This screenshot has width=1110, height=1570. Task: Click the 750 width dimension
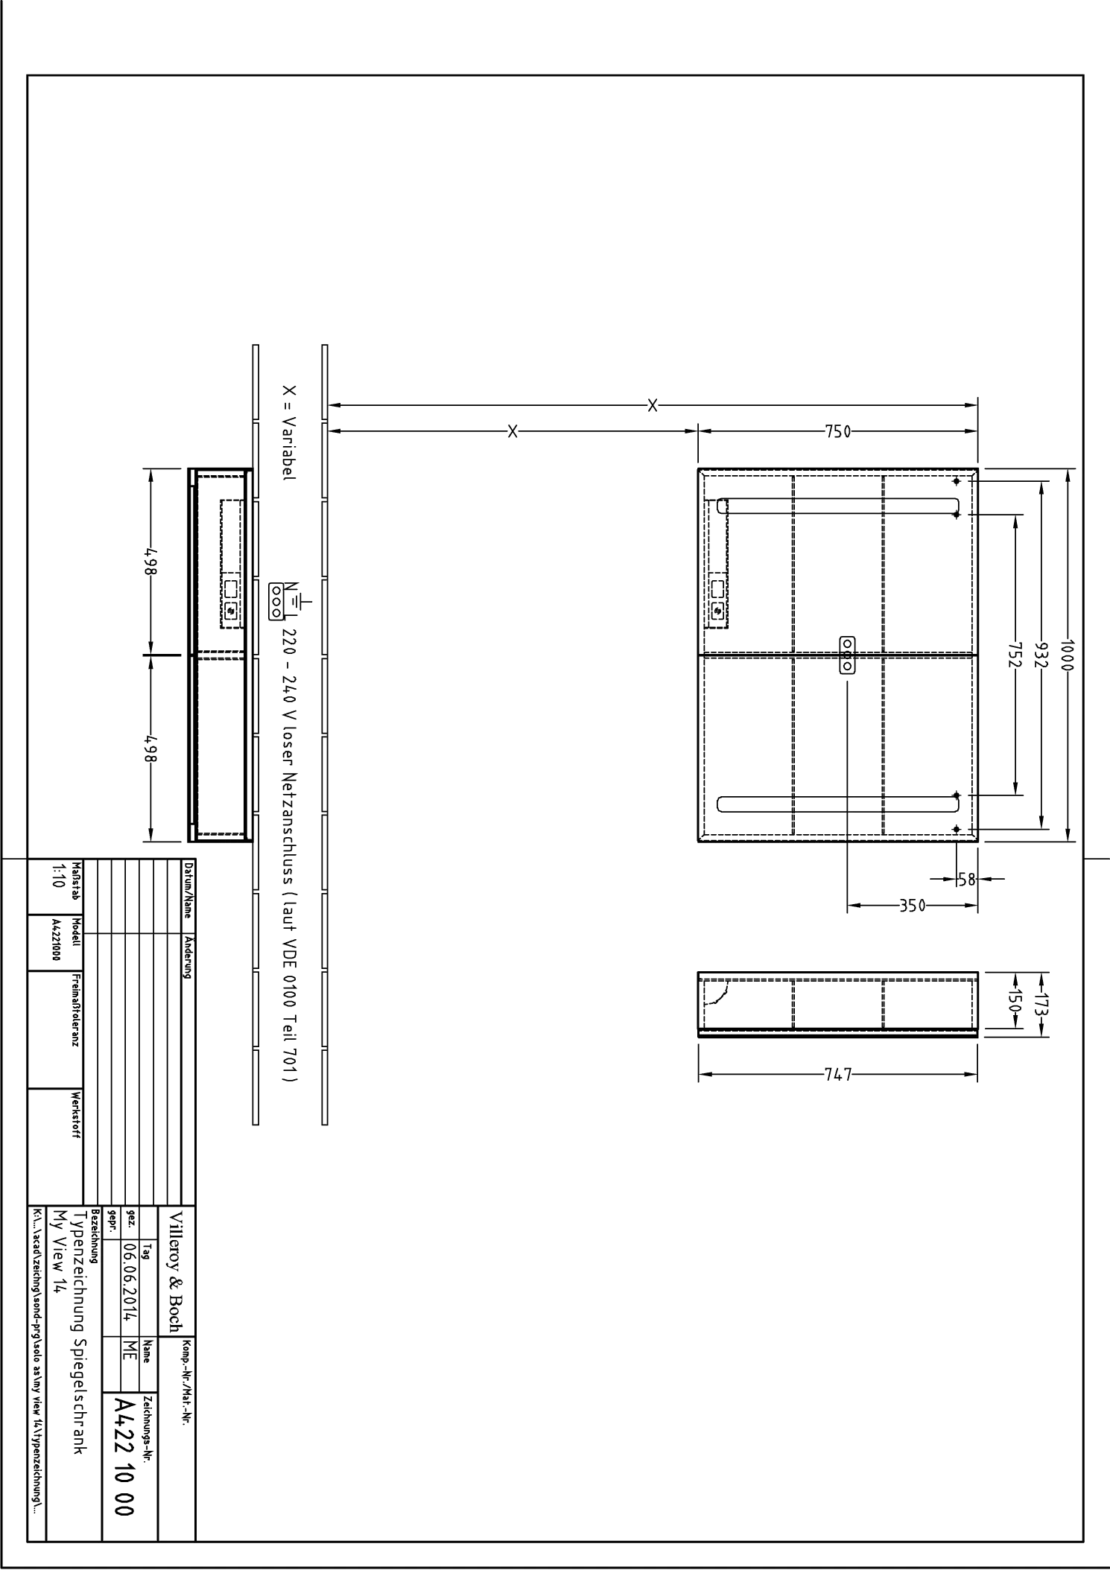[837, 432]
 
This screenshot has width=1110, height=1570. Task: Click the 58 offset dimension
[966, 879]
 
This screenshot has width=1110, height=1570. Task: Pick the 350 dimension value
[912, 906]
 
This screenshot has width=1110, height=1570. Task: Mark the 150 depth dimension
[1015, 1000]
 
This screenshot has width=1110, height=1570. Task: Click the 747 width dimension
[837, 1075]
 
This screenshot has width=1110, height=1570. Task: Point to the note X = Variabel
[289, 433]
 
